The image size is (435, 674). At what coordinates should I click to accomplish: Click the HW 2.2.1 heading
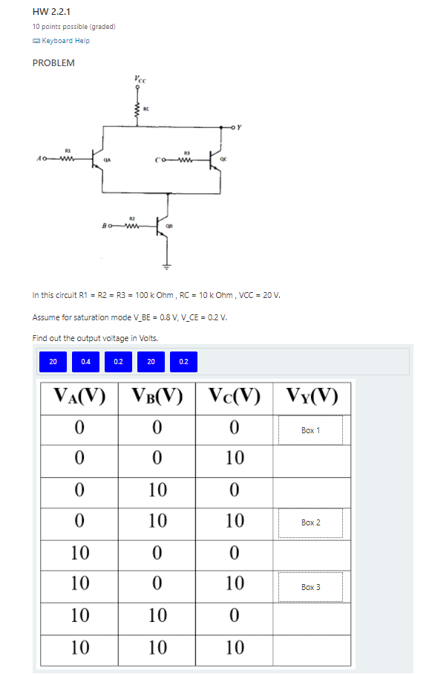(x=48, y=12)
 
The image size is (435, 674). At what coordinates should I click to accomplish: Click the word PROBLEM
(x=53, y=63)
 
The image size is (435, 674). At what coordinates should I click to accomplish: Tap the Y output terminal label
(x=239, y=126)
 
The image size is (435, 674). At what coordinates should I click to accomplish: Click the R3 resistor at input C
(x=187, y=157)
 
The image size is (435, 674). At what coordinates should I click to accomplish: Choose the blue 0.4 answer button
(x=86, y=362)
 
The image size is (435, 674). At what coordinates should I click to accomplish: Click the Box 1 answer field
(x=311, y=430)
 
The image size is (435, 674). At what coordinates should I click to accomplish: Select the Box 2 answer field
(x=311, y=522)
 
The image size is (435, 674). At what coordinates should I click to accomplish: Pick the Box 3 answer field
(x=311, y=586)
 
